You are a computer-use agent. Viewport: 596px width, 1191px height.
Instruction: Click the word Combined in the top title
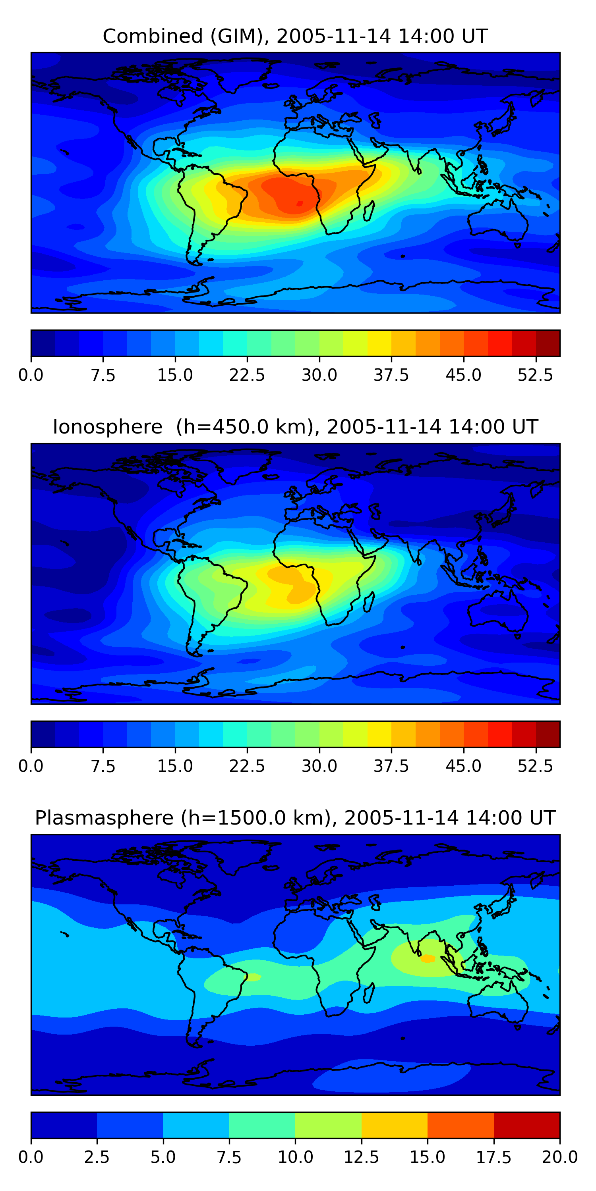(x=153, y=36)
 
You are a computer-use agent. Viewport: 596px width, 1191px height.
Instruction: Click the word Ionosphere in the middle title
(x=107, y=427)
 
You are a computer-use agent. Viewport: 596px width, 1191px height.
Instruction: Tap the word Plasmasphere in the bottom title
(x=104, y=818)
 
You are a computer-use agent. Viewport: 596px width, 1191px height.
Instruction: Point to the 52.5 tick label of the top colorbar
(x=535, y=375)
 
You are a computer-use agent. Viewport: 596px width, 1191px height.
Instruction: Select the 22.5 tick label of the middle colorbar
(x=247, y=766)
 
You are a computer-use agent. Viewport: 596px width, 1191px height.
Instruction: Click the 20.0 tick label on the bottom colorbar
(x=560, y=1157)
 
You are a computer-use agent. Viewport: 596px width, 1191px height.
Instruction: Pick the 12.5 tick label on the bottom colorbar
(x=362, y=1157)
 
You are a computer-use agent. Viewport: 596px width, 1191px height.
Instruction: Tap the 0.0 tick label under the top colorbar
(x=31, y=375)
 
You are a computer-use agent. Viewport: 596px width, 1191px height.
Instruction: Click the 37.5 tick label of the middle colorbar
(x=391, y=766)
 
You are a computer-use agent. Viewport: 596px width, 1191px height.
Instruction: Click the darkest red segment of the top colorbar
(x=548, y=343)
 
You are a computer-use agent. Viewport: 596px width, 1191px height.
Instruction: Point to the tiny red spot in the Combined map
(x=299, y=203)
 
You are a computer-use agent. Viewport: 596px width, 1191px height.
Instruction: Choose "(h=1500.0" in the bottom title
(x=253, y=818)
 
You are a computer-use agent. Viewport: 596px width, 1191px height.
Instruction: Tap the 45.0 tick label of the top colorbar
(x=464, y=375)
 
